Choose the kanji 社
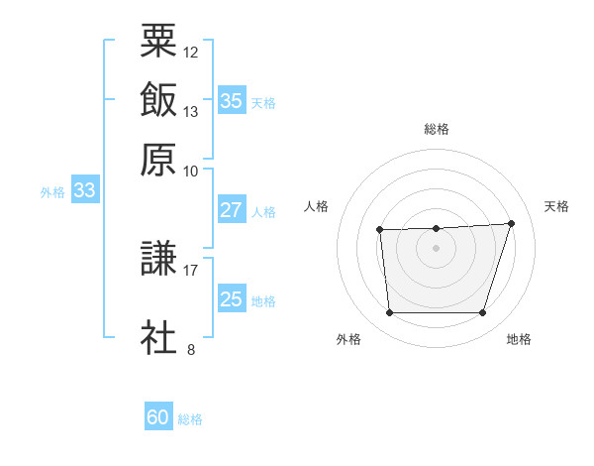click(x=158, y=336)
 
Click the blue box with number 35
click(x=231, y=100)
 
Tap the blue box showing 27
click(x=231, y=210)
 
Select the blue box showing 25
click(x=231, y=299)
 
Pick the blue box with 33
click(x=84, y=191)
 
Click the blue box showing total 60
click(x=158, y=417)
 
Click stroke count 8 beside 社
click(x=190, y=348)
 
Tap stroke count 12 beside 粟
click(x=191, y=52)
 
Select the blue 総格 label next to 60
click(x=191, y=419)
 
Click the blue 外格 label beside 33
click(x=52, y=192)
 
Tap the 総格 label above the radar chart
click(x=437, y=129)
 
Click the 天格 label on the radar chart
click(x=557, y=206)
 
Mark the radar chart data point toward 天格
click(x=512, y=223)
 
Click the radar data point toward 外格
click(x=389, y=313)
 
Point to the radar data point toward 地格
click(x=482, y=313)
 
